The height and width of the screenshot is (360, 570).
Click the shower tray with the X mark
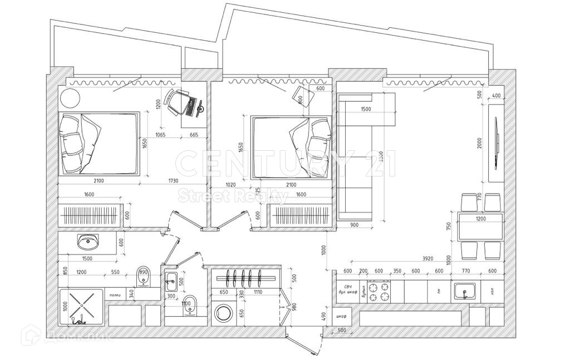(81, 307)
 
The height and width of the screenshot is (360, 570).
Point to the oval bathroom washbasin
(87, 241)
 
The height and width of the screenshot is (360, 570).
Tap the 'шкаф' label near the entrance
(342, 317)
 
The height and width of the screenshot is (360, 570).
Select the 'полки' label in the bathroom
(115, 295)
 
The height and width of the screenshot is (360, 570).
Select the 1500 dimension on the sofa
(366, 110)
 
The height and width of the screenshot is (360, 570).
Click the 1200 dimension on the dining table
(480, 219)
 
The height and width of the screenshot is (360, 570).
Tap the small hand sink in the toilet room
(171, 280)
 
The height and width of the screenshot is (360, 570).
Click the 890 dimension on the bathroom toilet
(144, 273)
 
